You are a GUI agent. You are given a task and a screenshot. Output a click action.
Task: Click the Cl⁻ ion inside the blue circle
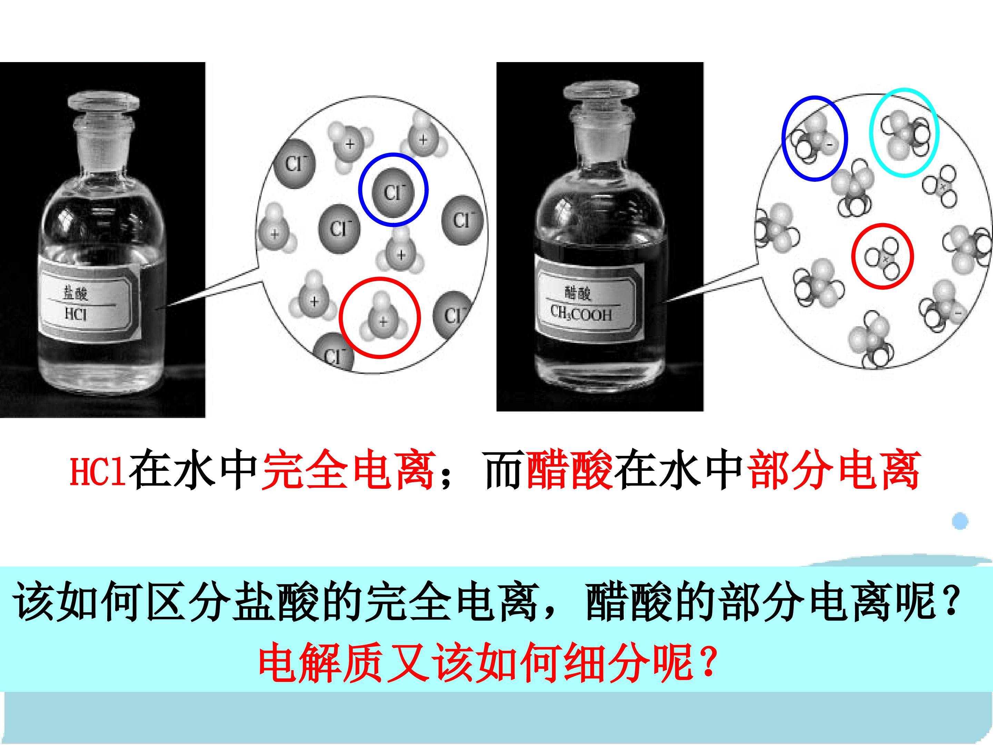click(x=393, y=190)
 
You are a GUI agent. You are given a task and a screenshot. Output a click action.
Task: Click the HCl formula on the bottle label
click(x=76, y=314)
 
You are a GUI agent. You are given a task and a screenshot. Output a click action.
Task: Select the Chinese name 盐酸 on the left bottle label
click(x=76, y=294)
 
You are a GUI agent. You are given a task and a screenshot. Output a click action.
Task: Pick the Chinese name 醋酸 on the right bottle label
click(x=578, y=294)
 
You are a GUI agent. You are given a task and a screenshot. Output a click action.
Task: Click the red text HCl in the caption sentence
click(x=98, y=471)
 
